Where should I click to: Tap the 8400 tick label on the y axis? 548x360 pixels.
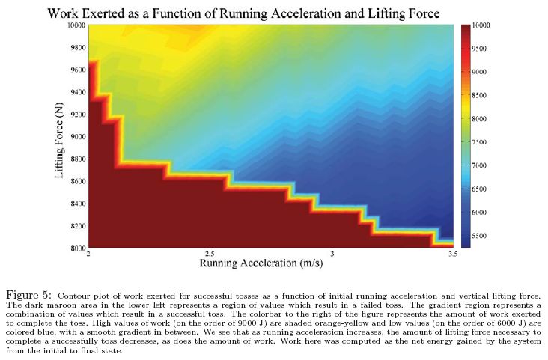[76, 204]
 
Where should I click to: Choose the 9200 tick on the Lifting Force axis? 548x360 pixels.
[76, 115]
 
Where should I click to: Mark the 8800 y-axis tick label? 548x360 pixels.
[76, 159]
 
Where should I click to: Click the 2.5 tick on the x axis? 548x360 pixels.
[210, 255]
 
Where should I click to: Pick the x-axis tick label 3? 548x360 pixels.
[332, 255]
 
